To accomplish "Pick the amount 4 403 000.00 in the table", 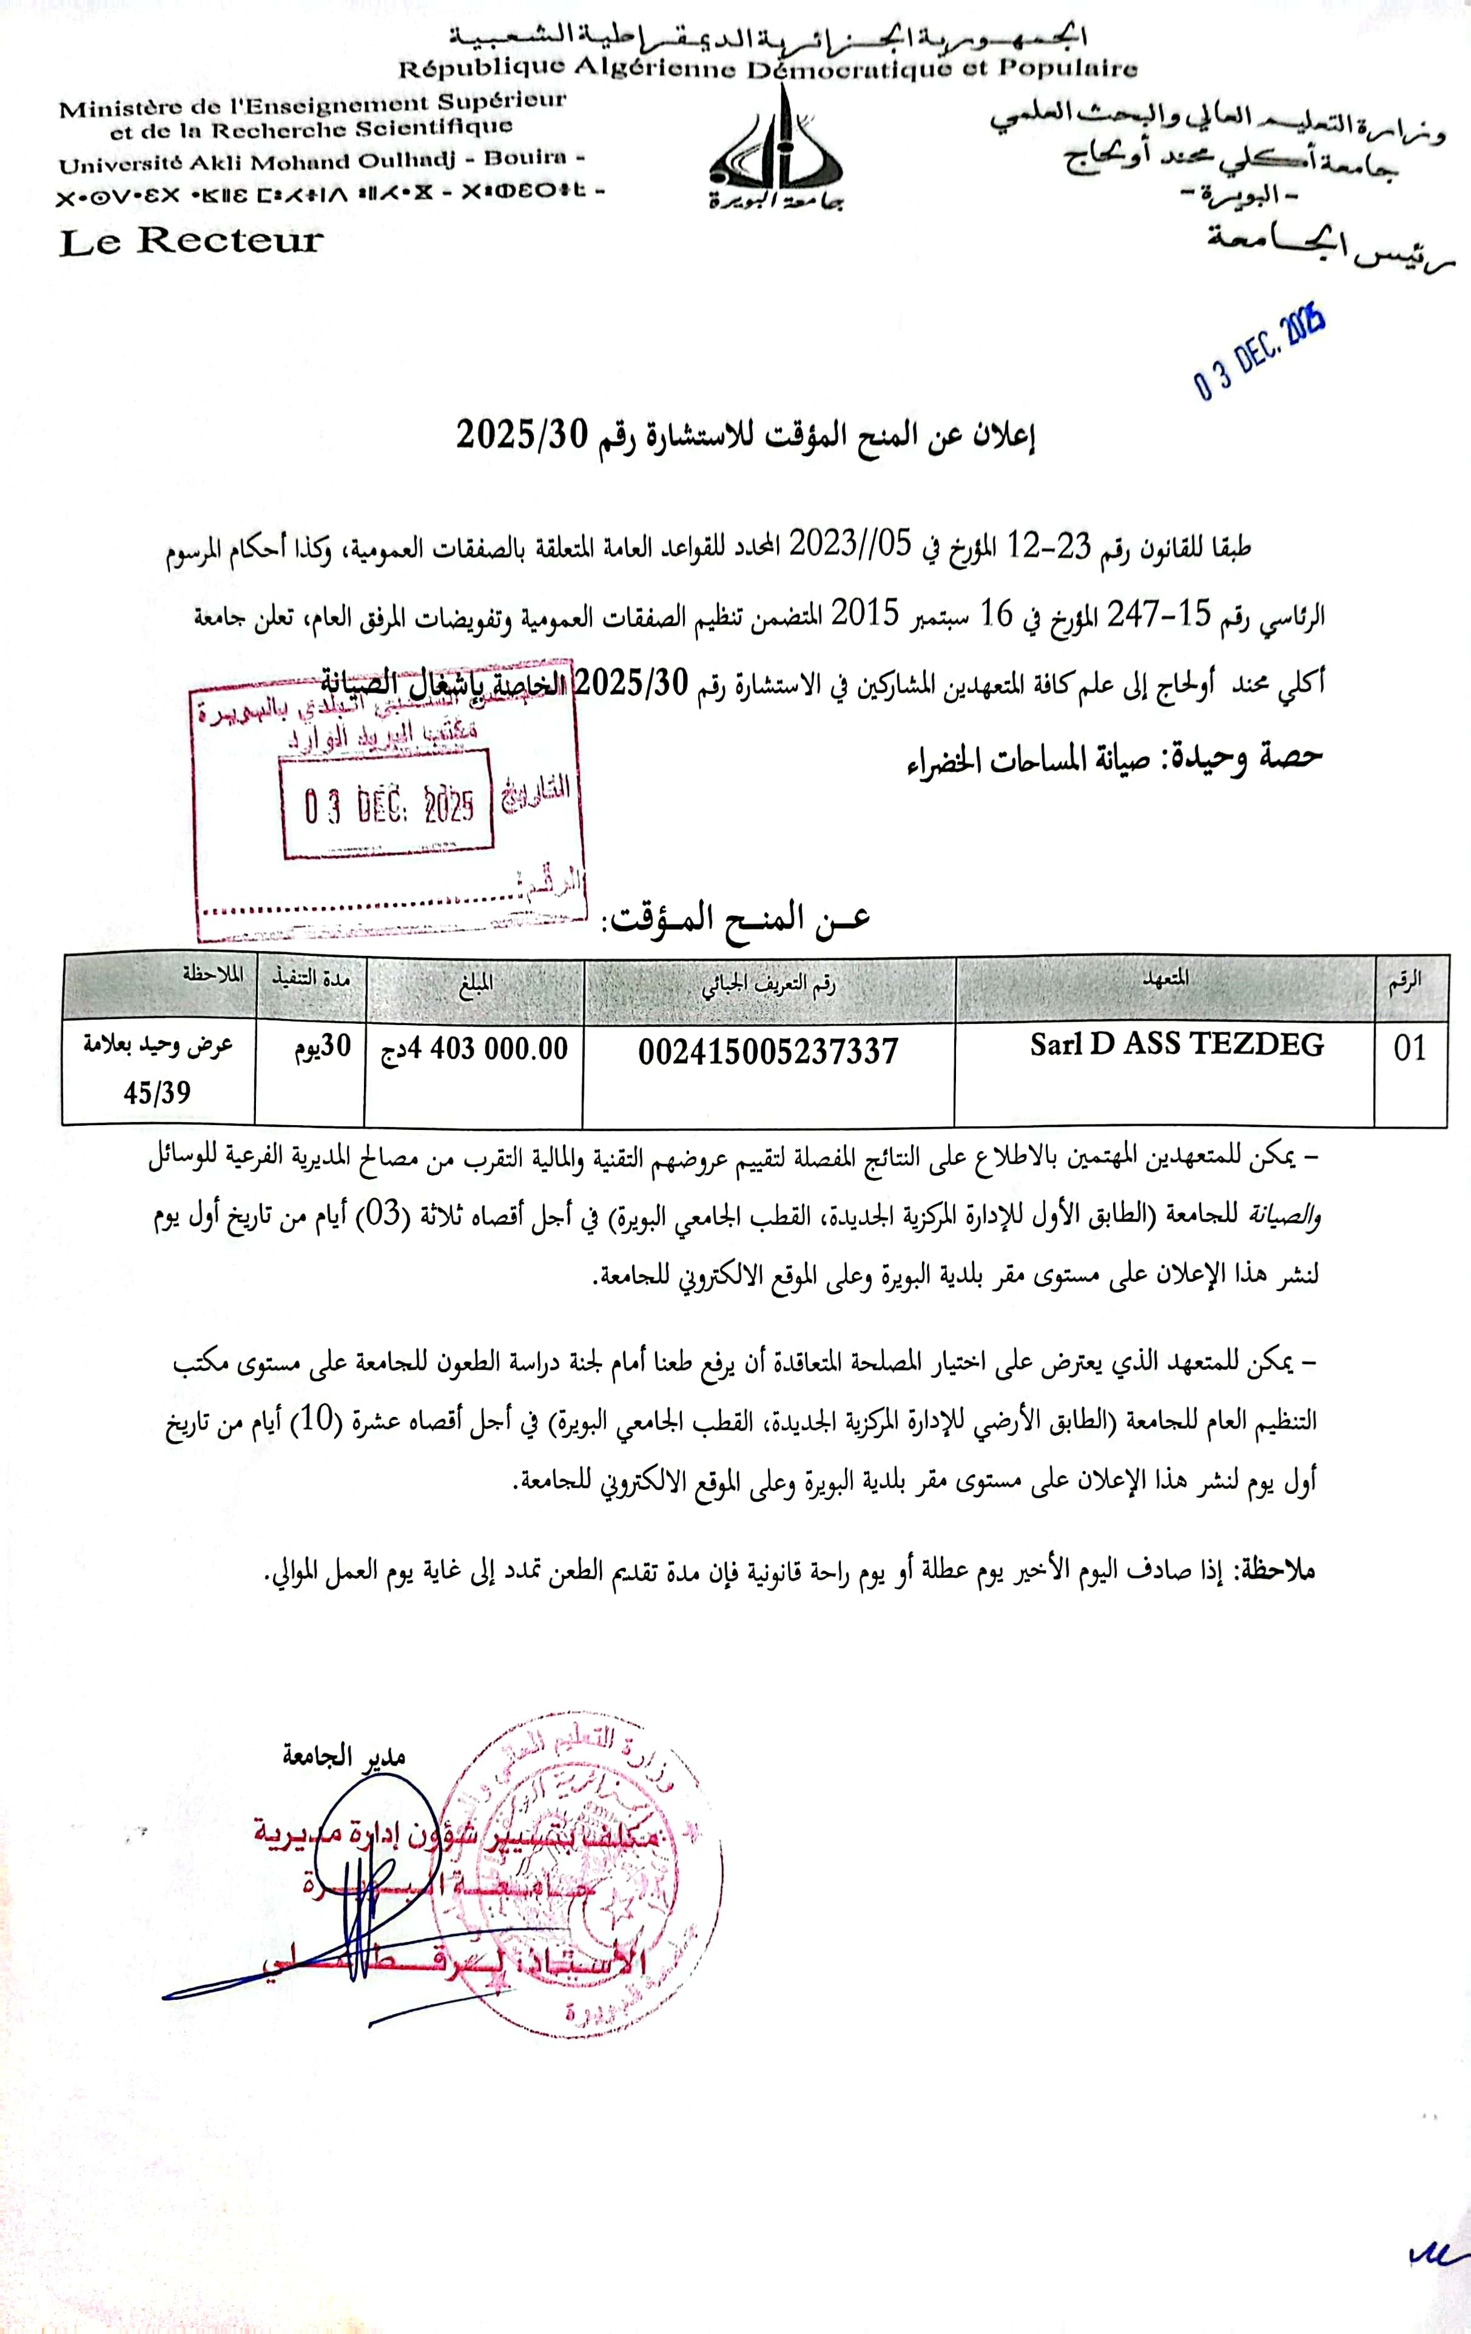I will point(474,1049).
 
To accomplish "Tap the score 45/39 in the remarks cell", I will point(157,1094).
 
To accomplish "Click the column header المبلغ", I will point(475,984).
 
